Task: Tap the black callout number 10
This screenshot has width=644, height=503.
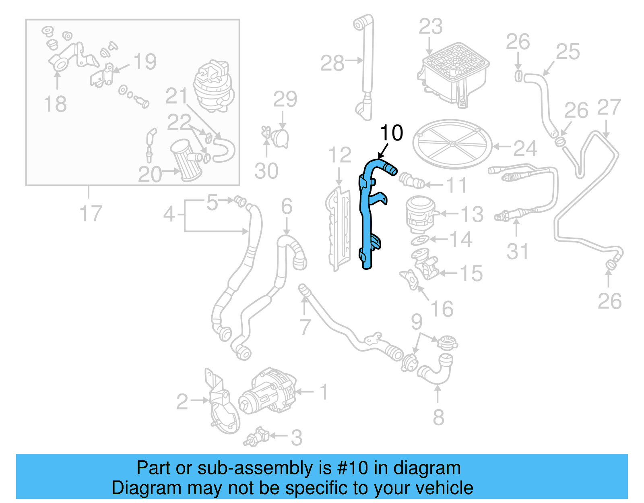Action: tap(391, 133)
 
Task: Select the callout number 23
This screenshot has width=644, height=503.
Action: tap(430, 27)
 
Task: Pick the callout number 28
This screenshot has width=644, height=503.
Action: tap(332, 63)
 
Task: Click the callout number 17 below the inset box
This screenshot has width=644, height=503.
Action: tap(91, 213)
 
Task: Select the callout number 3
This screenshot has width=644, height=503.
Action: tap(297, 438)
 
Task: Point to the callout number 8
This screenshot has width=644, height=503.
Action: tap(438, 417)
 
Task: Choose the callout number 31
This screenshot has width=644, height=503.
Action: tap(517, 252)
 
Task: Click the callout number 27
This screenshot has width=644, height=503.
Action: tap(609, 108)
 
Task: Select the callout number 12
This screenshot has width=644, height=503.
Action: tap(340, 155)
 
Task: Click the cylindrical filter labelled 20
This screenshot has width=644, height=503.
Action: tap(186, 160)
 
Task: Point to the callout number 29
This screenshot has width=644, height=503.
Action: tap(285, 99)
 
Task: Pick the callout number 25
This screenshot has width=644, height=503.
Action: tap(568, 52)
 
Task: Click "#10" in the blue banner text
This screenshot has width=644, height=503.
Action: tap(352, 468)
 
